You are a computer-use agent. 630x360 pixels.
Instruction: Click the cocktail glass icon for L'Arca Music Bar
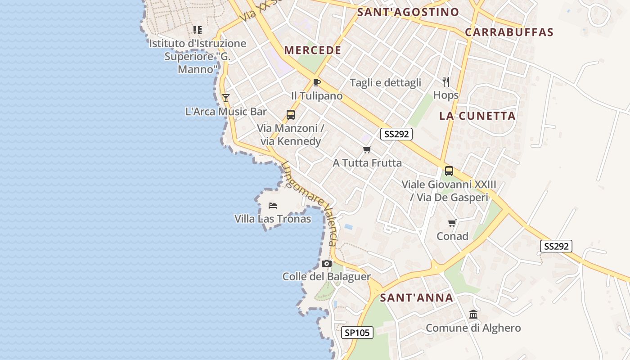(x=226, y=98)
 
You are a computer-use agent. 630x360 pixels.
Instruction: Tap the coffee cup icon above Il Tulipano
(x=317, y=82)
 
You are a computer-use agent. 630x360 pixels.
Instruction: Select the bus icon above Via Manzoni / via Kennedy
(x=291, y=114)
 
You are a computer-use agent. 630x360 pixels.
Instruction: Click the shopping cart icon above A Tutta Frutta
(x=367, y=149)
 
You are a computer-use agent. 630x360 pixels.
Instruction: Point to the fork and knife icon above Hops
(x=446, y=81)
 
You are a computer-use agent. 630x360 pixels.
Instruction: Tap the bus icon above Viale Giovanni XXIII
(x=449, y=171)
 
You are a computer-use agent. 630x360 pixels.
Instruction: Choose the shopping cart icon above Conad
(x=452, y=223)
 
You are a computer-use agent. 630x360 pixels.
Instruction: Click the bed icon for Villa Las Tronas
(x=273, y=206)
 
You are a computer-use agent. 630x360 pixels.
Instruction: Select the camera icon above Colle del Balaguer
(x=327, y=263)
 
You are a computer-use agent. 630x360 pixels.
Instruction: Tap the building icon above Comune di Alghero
(x=473, y=314)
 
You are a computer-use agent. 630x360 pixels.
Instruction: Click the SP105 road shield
(x=357, y=333)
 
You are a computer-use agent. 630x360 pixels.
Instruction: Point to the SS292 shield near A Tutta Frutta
(x=396, y=134)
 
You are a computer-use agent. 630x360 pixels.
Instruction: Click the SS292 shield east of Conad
(x=556, y=246)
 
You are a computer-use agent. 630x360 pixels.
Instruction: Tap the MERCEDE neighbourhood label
(x=313, y=50)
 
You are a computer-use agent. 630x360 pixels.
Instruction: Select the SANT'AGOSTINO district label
(x=408, y=12)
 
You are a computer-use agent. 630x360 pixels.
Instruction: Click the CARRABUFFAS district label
(x=509, y=32)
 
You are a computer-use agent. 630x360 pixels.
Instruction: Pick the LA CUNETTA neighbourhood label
(x=477, y=116)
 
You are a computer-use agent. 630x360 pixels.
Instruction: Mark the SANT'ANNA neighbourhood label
(x=417, y=297)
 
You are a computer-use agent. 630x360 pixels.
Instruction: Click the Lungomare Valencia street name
(x=310, y=202)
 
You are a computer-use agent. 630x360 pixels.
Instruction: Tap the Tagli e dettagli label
(x=386, y=82)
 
